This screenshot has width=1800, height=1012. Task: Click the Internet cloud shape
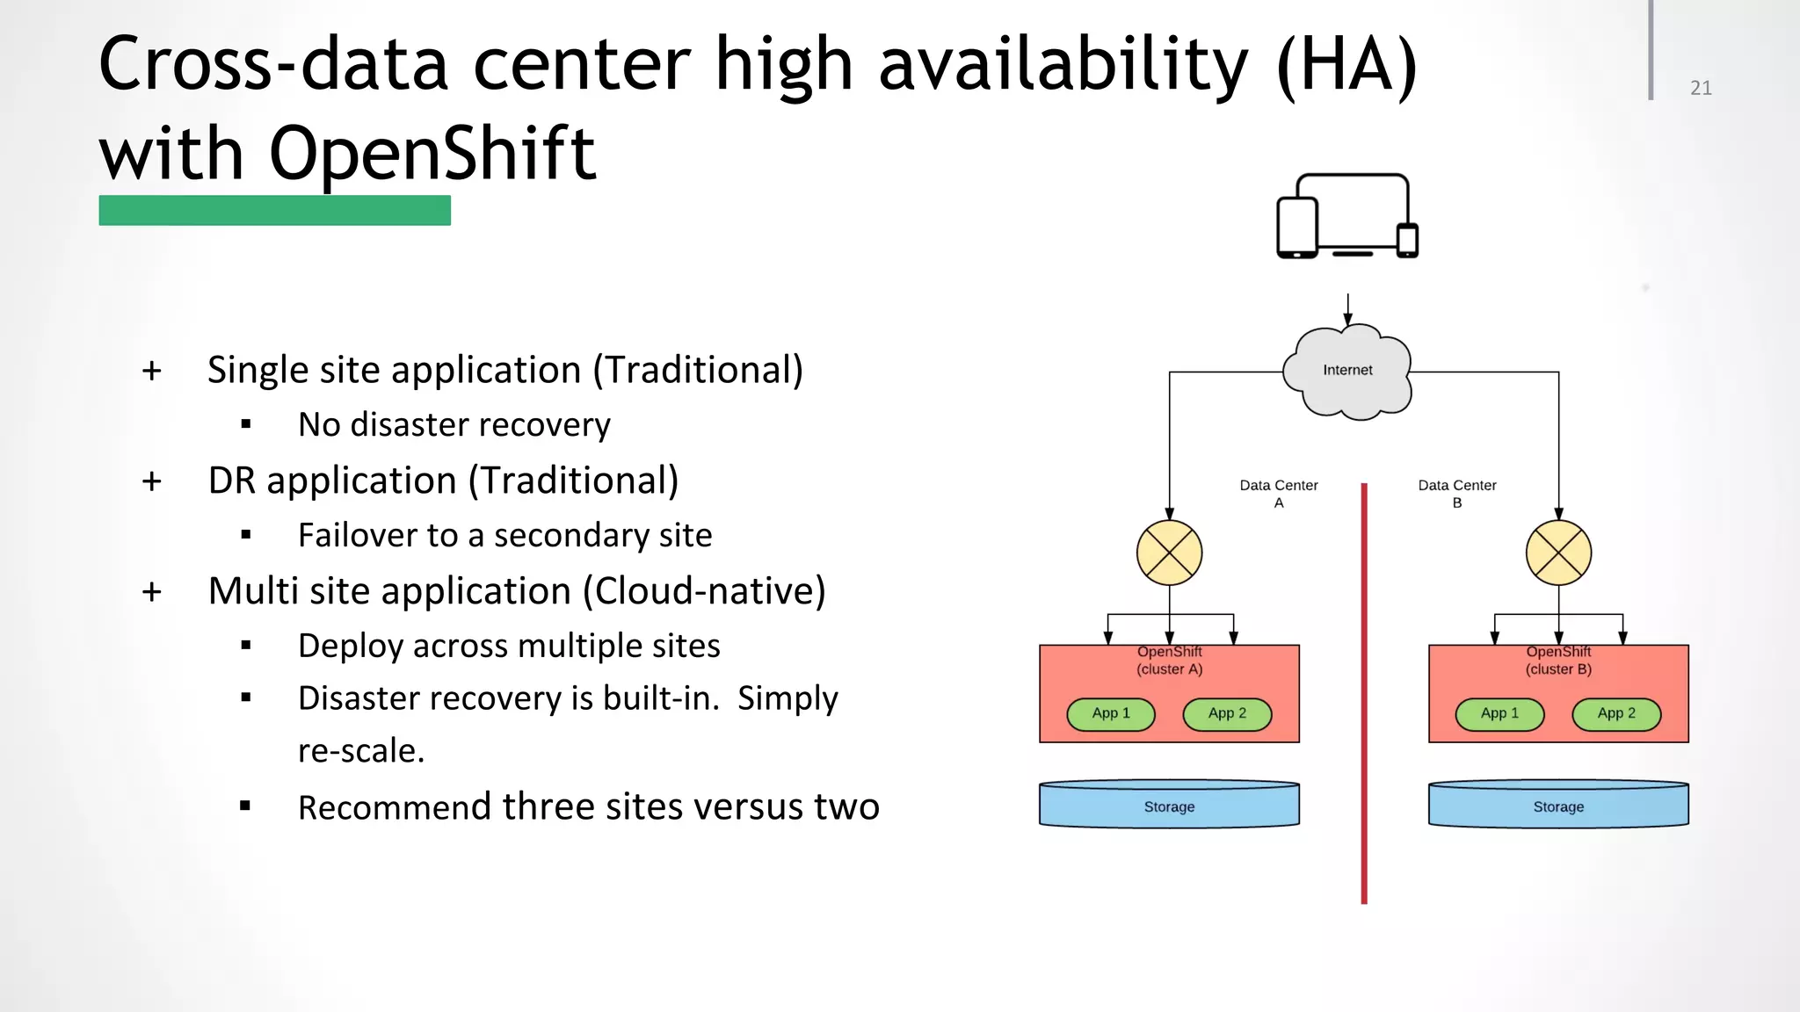pos(1347,372)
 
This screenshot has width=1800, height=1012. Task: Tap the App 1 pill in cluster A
pos(1111,714)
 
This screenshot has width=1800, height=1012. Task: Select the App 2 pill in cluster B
pos(1616,714)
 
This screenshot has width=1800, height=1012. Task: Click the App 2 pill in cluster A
pos(1227,714)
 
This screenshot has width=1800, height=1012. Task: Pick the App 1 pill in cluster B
pos(1499,714)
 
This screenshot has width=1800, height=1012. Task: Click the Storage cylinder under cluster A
pos(1169,806)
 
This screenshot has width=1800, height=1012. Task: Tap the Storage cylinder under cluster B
pos(1558,806)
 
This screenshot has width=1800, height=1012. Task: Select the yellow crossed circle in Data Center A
pos(1169,553)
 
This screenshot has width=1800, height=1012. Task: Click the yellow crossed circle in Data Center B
pos(1558,553)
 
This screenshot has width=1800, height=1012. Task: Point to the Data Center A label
pos(1279,494)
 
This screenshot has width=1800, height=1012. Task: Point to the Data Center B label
pos(1456,494)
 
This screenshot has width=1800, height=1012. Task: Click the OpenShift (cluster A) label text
pos(1169,661)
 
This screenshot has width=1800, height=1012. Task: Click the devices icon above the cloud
pos(1347,217)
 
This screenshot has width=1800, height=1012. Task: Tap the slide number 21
pos(1701,88)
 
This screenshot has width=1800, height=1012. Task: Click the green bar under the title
pos(274,211)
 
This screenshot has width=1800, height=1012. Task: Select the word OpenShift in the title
pos(432,153)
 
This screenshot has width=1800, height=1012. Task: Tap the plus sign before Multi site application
pos(152,592)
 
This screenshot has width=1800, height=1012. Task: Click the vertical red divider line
pos(1364,694)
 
